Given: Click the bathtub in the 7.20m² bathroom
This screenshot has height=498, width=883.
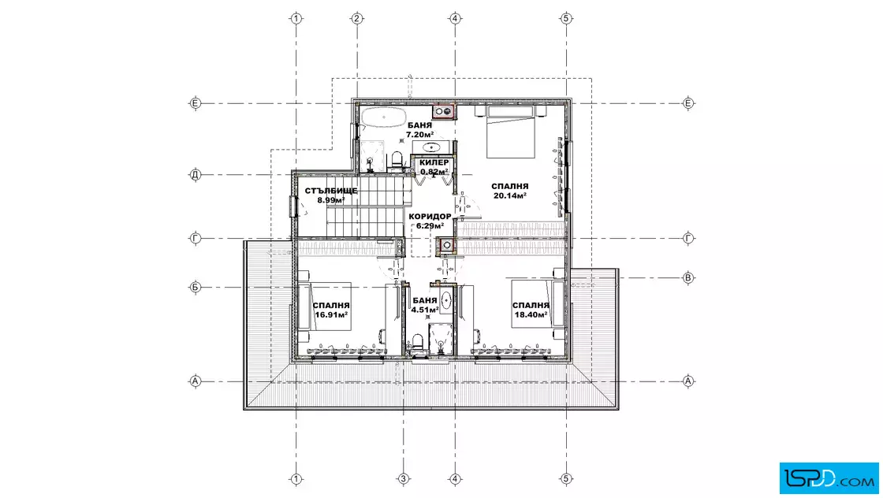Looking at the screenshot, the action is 383,119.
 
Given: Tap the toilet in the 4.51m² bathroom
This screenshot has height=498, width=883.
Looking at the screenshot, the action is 418,341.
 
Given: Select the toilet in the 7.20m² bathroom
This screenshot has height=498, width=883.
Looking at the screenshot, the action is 397,159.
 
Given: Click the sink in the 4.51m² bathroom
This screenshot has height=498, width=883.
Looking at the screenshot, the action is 446,300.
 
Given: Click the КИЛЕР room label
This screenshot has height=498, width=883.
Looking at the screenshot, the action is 434,162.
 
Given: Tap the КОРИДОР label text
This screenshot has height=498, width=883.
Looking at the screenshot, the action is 430,217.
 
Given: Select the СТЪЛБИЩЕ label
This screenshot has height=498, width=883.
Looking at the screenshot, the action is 331,191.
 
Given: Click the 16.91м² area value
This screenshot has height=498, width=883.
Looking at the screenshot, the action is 330,314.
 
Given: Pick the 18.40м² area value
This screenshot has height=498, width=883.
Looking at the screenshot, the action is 531,314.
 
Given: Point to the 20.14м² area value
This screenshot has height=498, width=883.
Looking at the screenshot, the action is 509,196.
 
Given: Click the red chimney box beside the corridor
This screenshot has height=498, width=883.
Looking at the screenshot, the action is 446,245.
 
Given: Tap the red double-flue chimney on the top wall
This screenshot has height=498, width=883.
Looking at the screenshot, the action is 444,111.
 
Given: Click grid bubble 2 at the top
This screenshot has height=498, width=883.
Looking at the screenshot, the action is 357,19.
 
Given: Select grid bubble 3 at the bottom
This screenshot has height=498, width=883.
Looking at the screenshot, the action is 403,479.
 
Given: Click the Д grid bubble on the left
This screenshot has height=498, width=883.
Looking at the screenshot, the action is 195,175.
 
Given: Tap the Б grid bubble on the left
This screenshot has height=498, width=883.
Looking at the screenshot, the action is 195,288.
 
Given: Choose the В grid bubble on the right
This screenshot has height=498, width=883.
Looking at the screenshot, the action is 688,277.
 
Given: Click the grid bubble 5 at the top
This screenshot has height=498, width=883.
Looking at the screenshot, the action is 566,19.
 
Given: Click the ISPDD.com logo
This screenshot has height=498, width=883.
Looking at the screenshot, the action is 829,478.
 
